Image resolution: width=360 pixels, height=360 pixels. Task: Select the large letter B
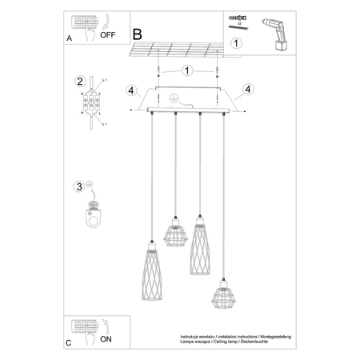pyautogui.click(x=137, y=34)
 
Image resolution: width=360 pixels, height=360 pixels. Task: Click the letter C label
pyautogui.click(x=68, y=342)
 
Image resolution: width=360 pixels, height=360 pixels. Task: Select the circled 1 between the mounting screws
pyautogui.click(x=186, y=70)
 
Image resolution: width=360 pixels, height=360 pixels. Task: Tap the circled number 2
pyautogui.click(x=80, y=81)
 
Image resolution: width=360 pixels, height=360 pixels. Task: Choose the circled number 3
pyautogui.click(x=79, y=187)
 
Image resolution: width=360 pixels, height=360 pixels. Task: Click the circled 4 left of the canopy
pyautogui.click(x=128, y=90)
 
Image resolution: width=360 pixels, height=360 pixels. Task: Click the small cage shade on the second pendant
pyautogui.click(x=174, y=233)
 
